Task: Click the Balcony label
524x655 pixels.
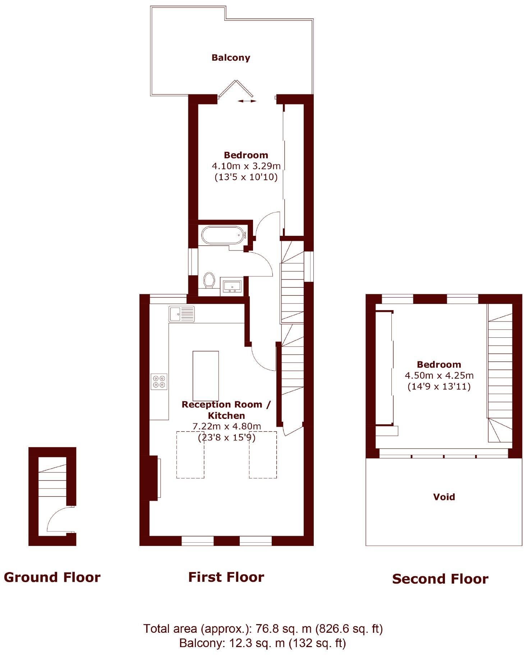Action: [x=230, y=58]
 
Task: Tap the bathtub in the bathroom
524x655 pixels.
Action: [x=223, y=235]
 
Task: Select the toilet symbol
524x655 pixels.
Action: [x=209, y=280]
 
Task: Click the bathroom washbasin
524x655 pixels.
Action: [x=232, y=286]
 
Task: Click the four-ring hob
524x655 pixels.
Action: [x=159, y=382]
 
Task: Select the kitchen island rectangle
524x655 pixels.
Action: [x=206, y=375]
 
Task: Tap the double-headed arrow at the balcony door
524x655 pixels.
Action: [x=247, y=101]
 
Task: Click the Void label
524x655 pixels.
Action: [x=444, y=497]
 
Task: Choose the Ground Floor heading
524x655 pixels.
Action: [x=52, y=577]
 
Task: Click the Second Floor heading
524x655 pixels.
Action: [x=440, y=579]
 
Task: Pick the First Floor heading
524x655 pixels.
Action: [x=226, y=577]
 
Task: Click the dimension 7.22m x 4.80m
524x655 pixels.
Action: [x=226, y=426]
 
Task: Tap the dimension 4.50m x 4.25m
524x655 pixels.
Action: [x=439, y=375]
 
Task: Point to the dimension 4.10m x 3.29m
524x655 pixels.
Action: [x=246, y=166]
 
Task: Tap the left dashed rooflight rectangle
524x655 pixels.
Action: [x=190, y=454]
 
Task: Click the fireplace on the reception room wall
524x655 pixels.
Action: [x=154, y=478]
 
